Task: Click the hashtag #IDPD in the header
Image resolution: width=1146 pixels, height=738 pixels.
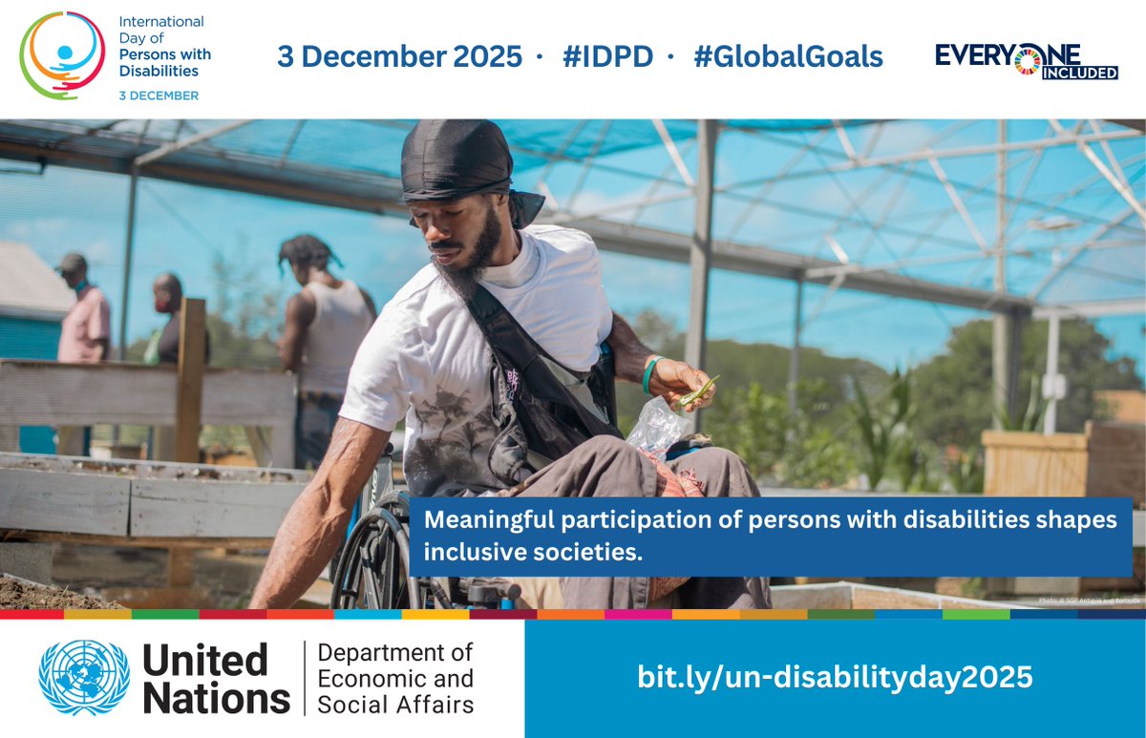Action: pyautogui.click(x=607, y=56)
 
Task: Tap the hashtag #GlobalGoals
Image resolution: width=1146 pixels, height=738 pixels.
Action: pyautogui.click(x=788, y=56)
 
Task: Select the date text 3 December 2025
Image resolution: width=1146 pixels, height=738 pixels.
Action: pyautogui.click(x=399, y=56)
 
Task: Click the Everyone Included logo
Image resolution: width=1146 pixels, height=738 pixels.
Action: pyautogui.click(x=1026, y=59)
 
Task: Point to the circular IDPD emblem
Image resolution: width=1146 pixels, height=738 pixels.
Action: pyautogui.click(x=62, y=55)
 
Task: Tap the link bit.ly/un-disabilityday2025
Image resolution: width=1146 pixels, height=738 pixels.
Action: pyautogui.click(x=835, y=678)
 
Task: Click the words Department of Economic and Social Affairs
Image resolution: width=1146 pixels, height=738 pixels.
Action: pyautogui.click(x=394, y=679)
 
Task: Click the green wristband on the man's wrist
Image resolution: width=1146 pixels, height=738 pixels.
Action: pyautogui.click(x=648, y=374)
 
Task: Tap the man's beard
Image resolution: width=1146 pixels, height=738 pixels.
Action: pyautogui.click(x=468, y=267)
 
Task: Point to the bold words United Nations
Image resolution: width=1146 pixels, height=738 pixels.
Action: pyautogui.click(x=216, y=679)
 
